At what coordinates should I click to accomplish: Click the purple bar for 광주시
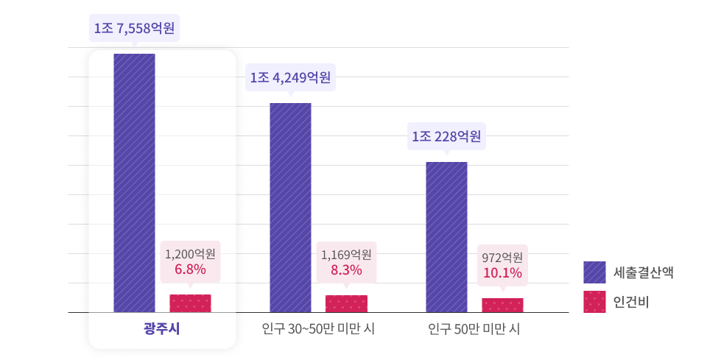click(x=134, y=183)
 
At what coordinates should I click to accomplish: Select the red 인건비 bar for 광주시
click(x=190, y=303)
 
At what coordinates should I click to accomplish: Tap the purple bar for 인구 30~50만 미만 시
click(x=290, y=208)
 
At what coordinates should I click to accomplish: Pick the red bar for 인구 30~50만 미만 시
click(x=346, y=303)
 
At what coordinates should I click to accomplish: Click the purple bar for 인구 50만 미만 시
click(x=446, y=237)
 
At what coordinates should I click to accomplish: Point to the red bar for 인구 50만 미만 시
click(x=502, y=305)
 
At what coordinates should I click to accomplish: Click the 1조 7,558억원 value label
click(x=134, y=29)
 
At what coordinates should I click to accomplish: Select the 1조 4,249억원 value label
click(x=290, y=77)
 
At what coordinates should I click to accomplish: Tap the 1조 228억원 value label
click(x=446, y=136)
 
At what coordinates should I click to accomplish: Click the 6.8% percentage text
click(x=190, y=269)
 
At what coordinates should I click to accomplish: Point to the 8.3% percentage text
click(x=346, y=270)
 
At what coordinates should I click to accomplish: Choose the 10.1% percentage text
click(x=502, y=273)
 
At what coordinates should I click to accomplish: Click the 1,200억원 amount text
click(x=190, y=254)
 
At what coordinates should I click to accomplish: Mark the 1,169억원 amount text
click(x=346, y=255)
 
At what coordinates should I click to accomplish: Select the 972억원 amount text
click(x=502, y=258)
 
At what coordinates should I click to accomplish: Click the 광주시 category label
click(x=161, y=328)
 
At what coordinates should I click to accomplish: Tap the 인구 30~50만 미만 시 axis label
click(x=318, y=328)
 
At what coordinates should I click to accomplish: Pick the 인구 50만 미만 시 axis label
click(x=474, y=328)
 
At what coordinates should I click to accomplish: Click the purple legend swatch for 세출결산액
click(x=594, y=272)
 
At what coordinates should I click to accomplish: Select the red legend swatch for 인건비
click(x=594, y=302)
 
